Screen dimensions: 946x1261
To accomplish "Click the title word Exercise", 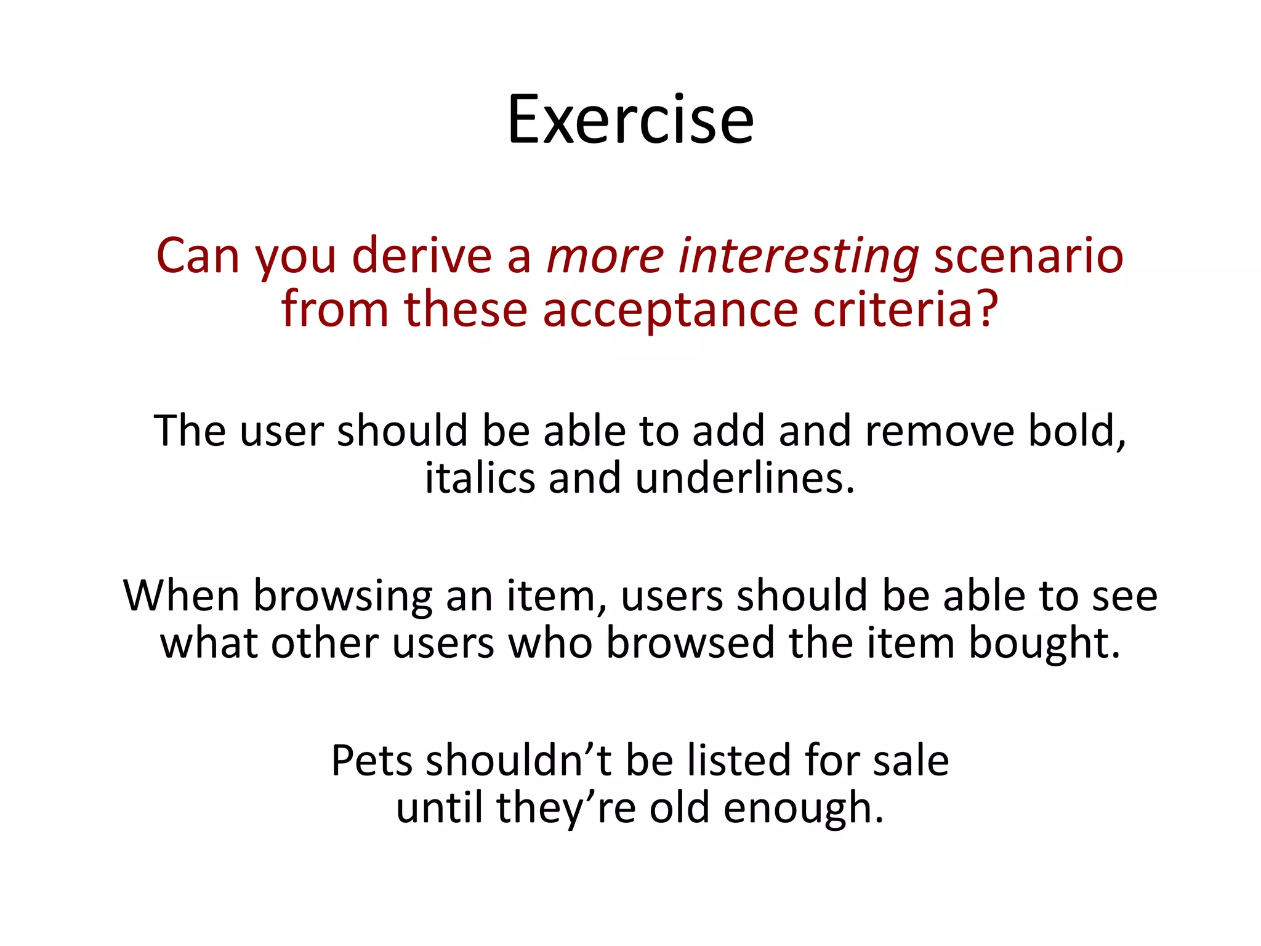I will pos(630,119).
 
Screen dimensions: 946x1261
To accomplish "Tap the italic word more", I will pos(605,256).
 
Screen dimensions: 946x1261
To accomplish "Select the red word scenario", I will pos(1028,256).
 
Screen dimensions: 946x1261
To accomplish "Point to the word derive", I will pos(422,256).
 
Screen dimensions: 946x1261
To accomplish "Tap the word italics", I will pos(480,479).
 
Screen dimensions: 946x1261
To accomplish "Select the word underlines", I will pos(745,479).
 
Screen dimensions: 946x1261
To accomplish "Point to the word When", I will pos(181,596).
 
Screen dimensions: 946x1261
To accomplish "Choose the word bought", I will pos(1044,644).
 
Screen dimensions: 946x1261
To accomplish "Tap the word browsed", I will pos(690,644).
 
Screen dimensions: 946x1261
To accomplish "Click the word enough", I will pos(803,809).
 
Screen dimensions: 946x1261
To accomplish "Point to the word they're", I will pos(565,809).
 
